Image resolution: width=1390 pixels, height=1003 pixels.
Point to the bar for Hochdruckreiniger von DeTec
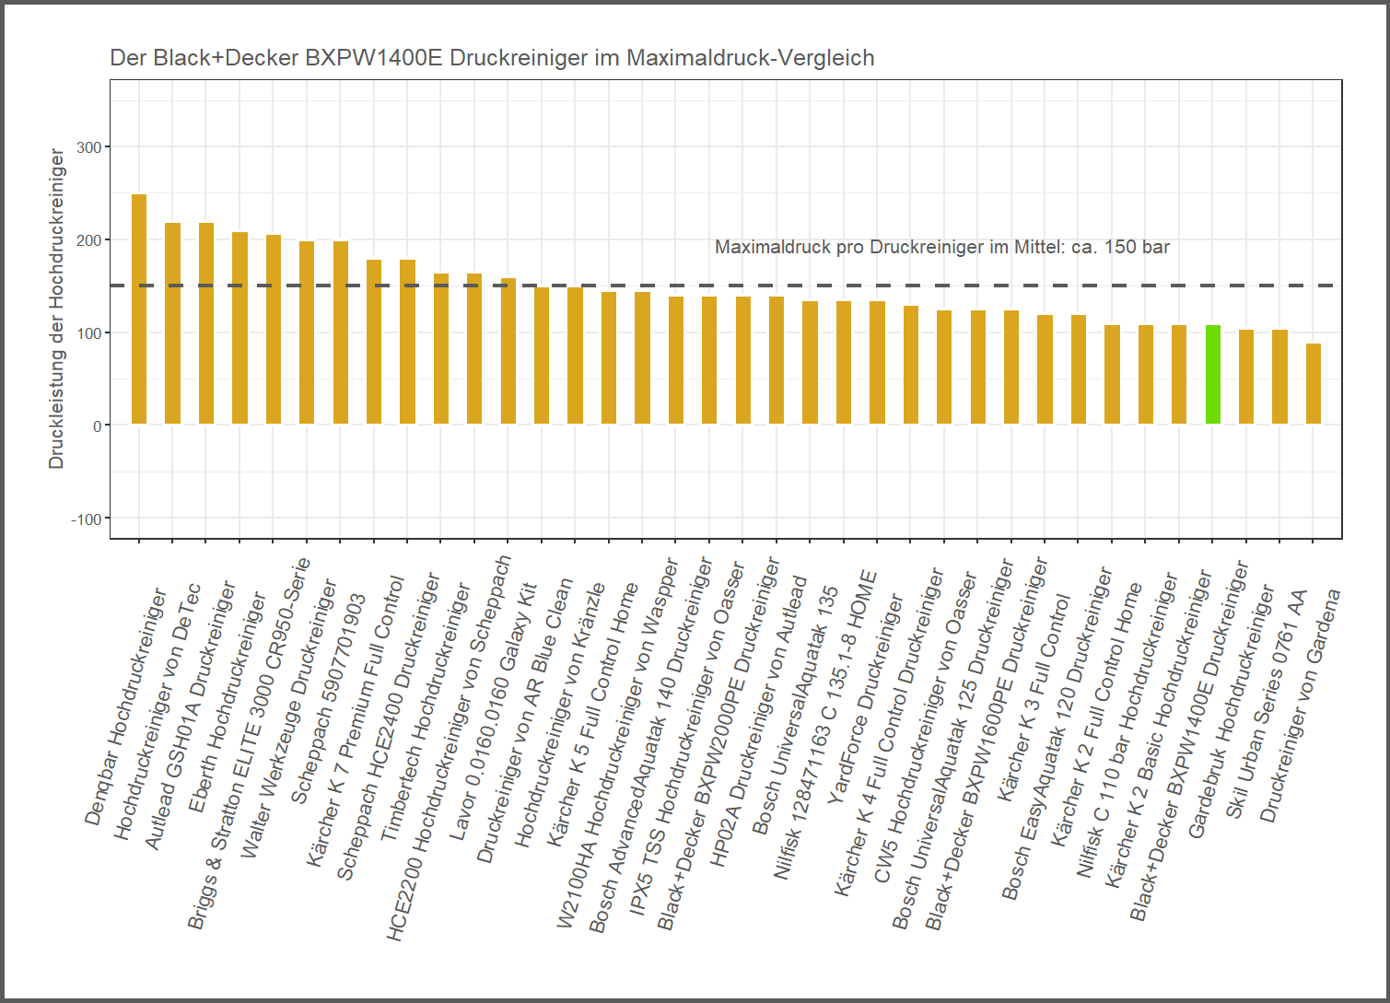pos(172,323)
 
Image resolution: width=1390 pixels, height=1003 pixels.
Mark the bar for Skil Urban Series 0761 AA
pos(1279,377)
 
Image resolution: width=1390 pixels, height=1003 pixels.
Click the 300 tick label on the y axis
pos(88,147)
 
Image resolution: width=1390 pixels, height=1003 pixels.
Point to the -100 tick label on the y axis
pos(86,519)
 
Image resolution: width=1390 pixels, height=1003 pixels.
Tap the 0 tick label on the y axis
pos(97,426)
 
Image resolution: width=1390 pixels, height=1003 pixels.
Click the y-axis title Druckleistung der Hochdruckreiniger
pos(57,309)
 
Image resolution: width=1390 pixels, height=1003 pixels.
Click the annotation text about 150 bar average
pos(941,247)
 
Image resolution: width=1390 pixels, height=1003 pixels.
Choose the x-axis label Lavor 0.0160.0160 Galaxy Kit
pos(494,700)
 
